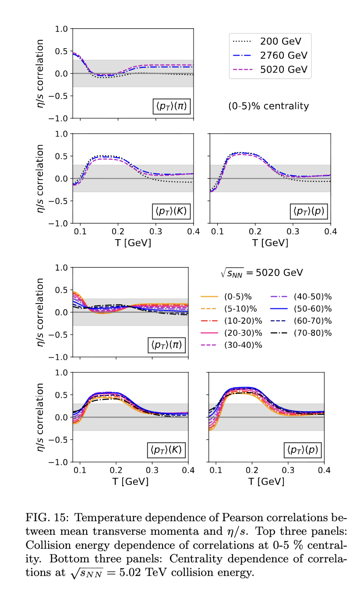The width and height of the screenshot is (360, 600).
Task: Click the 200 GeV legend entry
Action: point(280,42)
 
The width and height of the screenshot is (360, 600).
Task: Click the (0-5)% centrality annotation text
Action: point(268,106)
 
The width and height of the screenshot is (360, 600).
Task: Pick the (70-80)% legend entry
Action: point(313,332)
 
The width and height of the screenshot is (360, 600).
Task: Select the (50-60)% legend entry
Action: point(313,309)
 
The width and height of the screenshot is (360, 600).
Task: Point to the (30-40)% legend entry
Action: point(243,345)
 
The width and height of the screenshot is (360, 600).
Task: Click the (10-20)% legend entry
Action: point(243,321)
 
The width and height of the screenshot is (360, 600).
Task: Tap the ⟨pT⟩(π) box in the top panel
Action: point(171,106)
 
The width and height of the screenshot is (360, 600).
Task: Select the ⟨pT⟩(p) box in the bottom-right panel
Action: point(302,450)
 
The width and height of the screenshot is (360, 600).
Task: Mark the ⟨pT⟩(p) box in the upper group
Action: point(308,211)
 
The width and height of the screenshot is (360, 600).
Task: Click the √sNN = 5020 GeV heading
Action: point(262,273)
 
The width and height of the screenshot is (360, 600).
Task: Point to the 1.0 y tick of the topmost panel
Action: point(61,29)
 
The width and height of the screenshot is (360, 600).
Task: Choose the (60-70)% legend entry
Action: point(313,321)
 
